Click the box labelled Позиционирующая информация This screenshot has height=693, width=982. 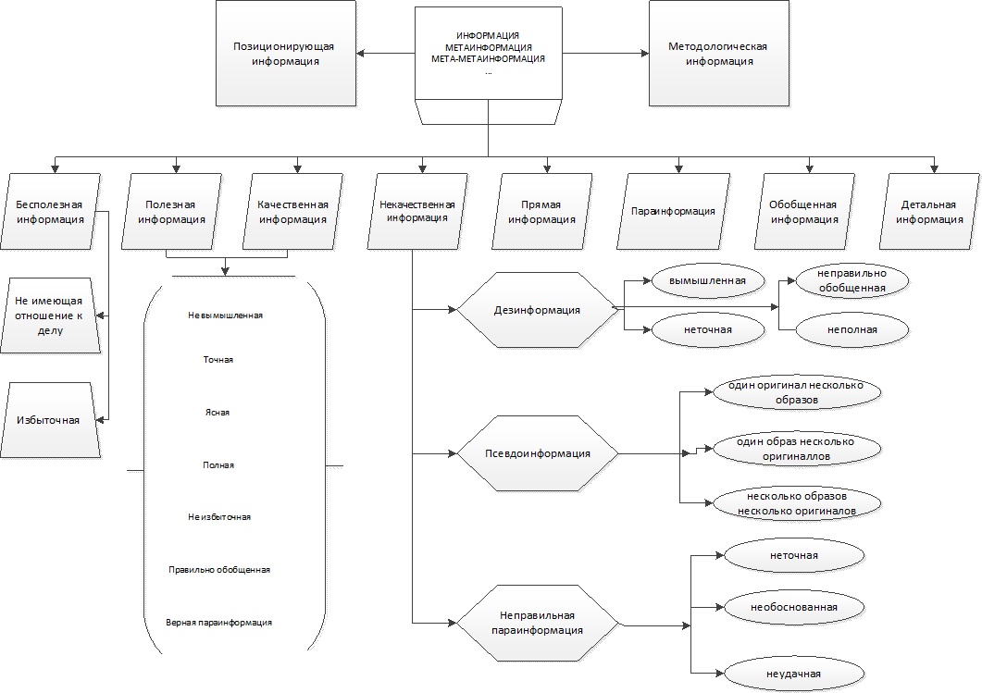[x=286, y=54]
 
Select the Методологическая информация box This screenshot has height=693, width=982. [x=718, y=54]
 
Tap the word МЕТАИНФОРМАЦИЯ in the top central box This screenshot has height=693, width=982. [x=488, y=46]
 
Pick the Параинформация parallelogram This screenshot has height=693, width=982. [x=673, y=211]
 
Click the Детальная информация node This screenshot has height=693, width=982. [x=929, y=211]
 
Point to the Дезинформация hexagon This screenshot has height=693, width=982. [x=537, y=310]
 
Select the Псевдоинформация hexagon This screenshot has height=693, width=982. [x=537, y=453]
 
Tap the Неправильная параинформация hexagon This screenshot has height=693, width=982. [x=537, y=623]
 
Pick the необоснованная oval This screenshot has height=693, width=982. [x=794, y=607]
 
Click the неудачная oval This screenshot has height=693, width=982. [x=794, y=674]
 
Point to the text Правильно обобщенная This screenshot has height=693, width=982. [x=218, y=570]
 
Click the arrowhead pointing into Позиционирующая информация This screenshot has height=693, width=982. [x=362, y=54]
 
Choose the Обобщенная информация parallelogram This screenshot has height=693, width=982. [x=802, y=211]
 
